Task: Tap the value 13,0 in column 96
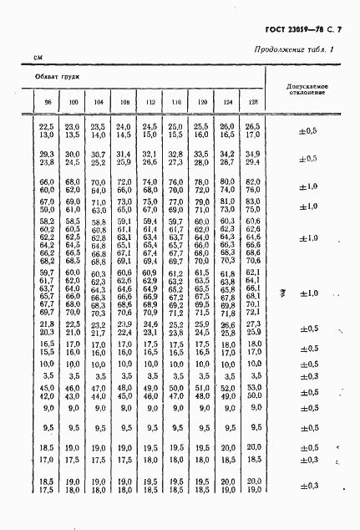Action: click(47, 134)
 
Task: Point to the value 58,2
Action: click(47, 222)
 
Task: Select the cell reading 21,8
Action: click(47, 324)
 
